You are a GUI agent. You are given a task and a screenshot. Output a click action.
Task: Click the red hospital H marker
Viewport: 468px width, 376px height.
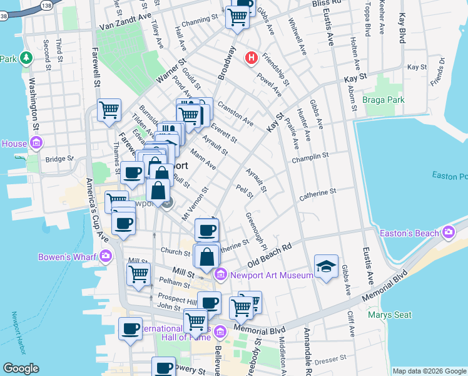pyautogui.click(x=252, y=58)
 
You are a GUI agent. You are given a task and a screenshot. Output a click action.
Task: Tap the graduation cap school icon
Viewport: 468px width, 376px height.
pyautogui.click(x=326, y=267)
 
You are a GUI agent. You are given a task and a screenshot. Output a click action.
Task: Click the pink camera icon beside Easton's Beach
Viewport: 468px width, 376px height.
pyautogui.click(x=449, y=233)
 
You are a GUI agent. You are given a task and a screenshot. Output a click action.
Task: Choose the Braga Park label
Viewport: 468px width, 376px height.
pyautogui.click(x=383, y=100)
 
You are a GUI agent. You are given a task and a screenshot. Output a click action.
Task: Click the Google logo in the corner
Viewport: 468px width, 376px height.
pyautogui.click(x=21, y=368)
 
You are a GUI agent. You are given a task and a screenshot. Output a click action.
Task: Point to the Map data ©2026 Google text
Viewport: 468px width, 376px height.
pyautogui.click(x=429, y=371)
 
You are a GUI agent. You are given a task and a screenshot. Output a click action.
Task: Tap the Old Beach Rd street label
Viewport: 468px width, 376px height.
pyautogui.click(x=270, y=254)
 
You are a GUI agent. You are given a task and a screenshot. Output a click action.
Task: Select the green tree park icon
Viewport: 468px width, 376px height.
pyautogui.click(x=26, y=58)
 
